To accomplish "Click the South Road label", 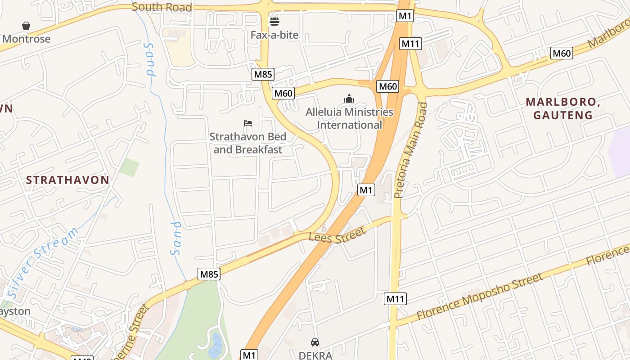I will (162, 7).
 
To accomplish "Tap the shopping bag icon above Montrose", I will (26, 26).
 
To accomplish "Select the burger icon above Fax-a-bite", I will (274, 21).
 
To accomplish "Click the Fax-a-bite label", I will (274, 35).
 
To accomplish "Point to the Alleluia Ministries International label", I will (350, 118).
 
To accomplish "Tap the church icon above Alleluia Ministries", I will (349, 98).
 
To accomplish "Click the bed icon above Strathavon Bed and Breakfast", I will (248, 123).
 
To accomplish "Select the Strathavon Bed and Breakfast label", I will (248, 143).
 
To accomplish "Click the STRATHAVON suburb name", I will (67, 180).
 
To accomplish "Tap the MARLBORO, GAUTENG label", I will (563, 108).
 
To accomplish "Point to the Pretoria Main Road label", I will (410, 150).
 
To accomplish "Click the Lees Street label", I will (337, 236).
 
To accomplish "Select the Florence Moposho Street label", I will (480, 297).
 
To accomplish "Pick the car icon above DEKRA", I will (315, 342).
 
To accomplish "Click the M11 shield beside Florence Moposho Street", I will (396, 298).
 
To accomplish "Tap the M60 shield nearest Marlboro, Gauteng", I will (562, 53).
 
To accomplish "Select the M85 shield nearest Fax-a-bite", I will (263, 74).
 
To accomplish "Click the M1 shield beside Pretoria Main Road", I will (366, 190).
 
